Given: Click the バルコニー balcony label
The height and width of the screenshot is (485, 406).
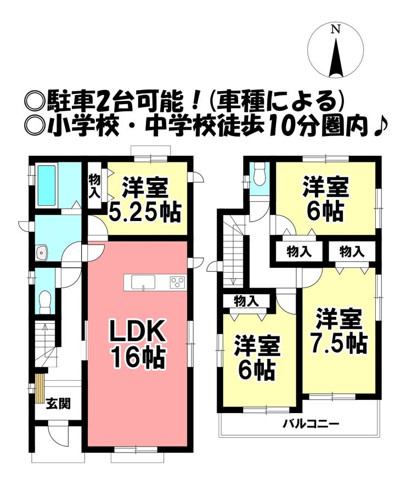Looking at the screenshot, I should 311,424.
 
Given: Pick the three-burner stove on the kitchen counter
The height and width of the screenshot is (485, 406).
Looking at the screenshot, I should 177,282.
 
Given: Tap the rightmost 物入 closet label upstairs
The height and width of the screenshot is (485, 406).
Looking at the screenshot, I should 352,252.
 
